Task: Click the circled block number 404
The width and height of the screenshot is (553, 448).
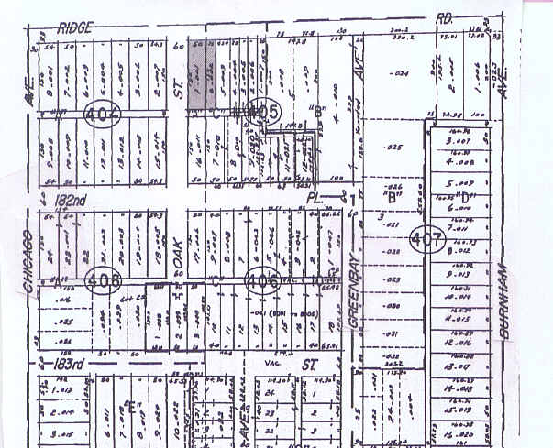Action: pos(101,115)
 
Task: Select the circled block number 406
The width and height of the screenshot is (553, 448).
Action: pos(262,280)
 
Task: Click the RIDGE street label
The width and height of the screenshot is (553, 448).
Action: pos(77,28)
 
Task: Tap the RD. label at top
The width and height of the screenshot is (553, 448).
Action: pos(446,16)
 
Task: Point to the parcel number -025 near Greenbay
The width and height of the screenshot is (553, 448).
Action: pos(395,147)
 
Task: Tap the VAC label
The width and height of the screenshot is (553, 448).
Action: pos(271,361)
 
